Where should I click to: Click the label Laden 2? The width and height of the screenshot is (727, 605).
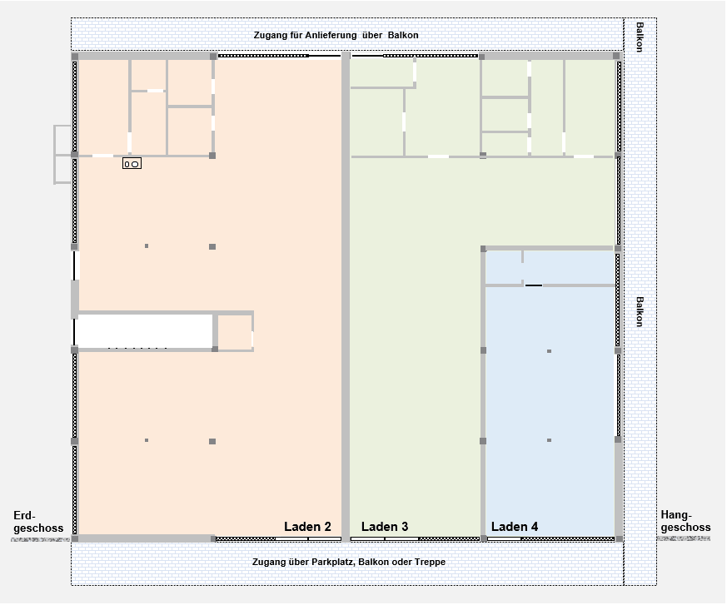click(x=307, y=527)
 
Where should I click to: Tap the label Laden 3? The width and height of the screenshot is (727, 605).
click(x=384, y=527)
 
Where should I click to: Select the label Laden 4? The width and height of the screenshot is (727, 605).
click(x=514, y=527)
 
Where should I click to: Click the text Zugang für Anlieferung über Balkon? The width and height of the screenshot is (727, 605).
click(x=336, y=36)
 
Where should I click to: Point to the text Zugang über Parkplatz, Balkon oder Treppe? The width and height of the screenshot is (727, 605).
click(x=348, y=563)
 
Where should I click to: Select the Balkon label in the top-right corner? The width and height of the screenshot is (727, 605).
click(x=639, y=37)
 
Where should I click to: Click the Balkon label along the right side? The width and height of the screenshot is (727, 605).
click(x=639, y=312)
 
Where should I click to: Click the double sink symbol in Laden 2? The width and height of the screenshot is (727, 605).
click(x=132, y=164)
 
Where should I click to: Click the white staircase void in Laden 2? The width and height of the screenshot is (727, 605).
click(x=143, y=330)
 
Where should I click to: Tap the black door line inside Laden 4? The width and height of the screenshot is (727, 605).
click(x=533, y=285)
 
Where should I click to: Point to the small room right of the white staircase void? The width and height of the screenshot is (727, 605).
click(x=234, y=332)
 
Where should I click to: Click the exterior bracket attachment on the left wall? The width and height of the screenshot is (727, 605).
click(x=62, y=155)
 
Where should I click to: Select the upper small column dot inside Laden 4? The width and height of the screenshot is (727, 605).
click(x=549, y=351)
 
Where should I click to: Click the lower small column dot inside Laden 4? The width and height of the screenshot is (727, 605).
click(x=549, y=440)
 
